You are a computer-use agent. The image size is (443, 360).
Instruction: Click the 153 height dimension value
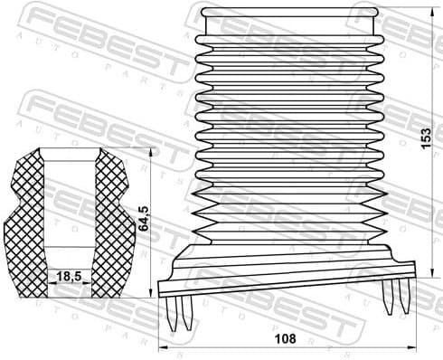tap(426, 141)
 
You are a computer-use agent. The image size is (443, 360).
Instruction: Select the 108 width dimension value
tap(285, 339)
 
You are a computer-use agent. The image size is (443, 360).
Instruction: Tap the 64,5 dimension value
tap(144, 219)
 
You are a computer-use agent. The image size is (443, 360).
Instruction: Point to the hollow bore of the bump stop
tap(70, 208)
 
